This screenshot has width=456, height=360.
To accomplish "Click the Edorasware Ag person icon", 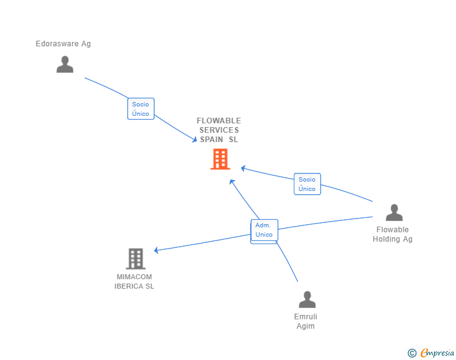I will (65, 64).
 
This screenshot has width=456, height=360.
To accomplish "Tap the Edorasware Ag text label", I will (63, 44).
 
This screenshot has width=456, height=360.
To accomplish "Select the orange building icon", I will (220, 159).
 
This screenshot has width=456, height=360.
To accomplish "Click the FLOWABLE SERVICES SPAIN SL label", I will (219, 130).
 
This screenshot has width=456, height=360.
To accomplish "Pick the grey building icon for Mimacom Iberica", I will (135, 259).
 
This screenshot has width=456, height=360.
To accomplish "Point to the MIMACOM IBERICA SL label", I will (134, 282).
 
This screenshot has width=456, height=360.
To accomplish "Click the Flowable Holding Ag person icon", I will (394, 213).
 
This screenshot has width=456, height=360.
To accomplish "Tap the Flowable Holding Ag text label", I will (393, 234).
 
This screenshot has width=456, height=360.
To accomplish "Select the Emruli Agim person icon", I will (307, 299).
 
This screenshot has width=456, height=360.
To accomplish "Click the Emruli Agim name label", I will (306, 321).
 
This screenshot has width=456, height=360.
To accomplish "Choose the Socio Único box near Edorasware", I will (141, 109).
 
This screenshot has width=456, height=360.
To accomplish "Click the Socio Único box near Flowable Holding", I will (307, 184).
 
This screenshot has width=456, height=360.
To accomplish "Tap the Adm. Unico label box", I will (264, 230).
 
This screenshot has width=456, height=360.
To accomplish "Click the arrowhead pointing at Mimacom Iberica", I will (157, 250).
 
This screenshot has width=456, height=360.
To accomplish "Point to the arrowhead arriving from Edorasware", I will (194, 140).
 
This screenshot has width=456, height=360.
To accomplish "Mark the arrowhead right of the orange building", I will (244, 168).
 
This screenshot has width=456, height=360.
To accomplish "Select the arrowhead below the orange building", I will (232, 182).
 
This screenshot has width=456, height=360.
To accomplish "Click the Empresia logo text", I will (437, 353).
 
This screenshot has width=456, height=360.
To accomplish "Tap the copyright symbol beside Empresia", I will (412, 353).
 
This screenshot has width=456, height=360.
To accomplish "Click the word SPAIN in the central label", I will (212, 140).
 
